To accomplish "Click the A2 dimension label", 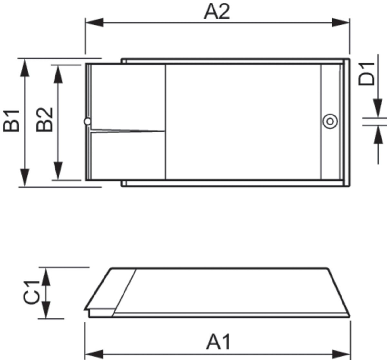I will coord(217,12).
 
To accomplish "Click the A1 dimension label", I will coord(218,342).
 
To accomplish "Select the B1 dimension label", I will coord(12,121).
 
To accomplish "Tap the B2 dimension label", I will coord(45,119).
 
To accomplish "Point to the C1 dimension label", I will coord(32,292).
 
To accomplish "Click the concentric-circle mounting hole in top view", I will coord(330,122).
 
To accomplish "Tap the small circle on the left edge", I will coord(87,121).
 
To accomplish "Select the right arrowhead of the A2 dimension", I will coord(341,23).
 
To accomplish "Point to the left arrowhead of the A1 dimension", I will coord(94,353).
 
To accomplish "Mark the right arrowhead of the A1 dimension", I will coord(341,353).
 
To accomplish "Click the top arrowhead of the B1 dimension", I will coord(25,67).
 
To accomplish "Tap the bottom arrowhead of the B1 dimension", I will coord(25,178).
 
